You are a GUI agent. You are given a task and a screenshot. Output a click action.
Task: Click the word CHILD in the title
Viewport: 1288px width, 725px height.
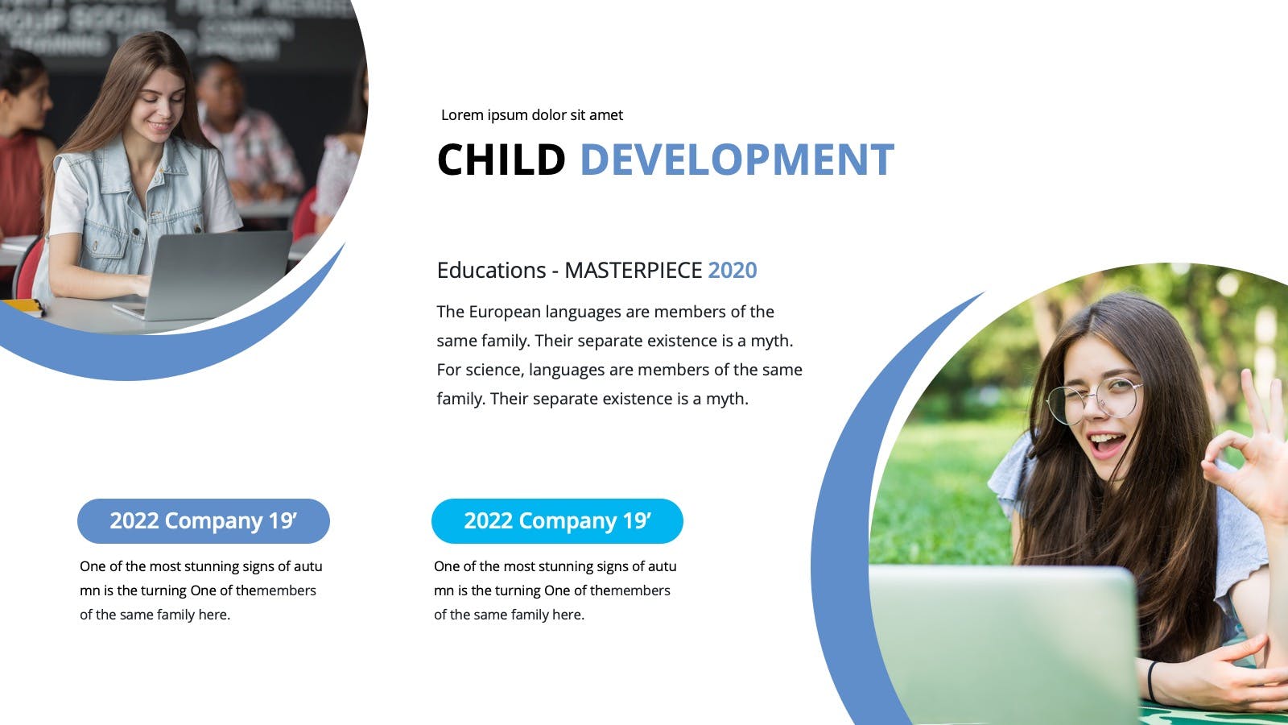pos(502,159)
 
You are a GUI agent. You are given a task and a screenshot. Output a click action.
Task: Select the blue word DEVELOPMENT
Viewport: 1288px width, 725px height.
pos(737,159)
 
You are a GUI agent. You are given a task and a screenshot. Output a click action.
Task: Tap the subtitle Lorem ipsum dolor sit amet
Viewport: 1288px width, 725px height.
pos(532,115)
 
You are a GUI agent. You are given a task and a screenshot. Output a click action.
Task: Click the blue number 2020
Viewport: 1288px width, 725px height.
pos(732,270)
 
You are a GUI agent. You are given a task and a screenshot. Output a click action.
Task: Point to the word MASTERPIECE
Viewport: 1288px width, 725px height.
pos(633,270)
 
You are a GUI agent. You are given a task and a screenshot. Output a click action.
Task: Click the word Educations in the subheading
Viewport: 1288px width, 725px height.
pos(491,270)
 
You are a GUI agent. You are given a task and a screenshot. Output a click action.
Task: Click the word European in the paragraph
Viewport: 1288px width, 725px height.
pos(505,312)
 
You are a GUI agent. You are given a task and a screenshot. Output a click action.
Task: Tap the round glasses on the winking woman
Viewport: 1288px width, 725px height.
pos(1093,400)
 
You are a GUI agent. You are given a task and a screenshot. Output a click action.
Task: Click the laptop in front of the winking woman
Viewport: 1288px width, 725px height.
pos(1003,644)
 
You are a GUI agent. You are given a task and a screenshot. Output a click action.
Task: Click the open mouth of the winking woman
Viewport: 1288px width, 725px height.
pos(1107,444)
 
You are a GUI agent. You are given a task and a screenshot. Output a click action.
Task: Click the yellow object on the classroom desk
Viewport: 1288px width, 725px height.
pos(23,306)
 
